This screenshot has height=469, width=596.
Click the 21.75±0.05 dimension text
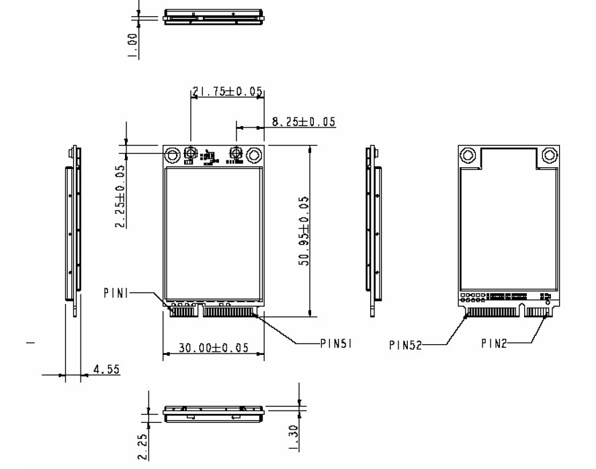(x=227, y=92)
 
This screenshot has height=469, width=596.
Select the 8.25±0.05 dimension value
(x=304, y=121)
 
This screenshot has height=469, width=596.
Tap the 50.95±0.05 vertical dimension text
(x=304, y=230)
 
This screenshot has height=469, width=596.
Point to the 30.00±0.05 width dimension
(x=214, y=348)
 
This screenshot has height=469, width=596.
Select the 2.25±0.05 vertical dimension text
(x=120, y=196)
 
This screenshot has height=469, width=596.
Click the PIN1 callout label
(x=116, y=293)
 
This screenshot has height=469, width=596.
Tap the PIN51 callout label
(x=337, y=344)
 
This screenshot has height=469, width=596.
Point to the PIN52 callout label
(x=406, y=344)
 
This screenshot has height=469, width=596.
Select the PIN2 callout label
(x=494, y=344)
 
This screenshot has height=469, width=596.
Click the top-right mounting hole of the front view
(x=254, y=156)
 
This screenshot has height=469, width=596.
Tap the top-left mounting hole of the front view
(x=173, y=156)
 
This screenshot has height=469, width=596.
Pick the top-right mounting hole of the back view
(x=550, y=156)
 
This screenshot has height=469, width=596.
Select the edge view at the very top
(x=212, y=16)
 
